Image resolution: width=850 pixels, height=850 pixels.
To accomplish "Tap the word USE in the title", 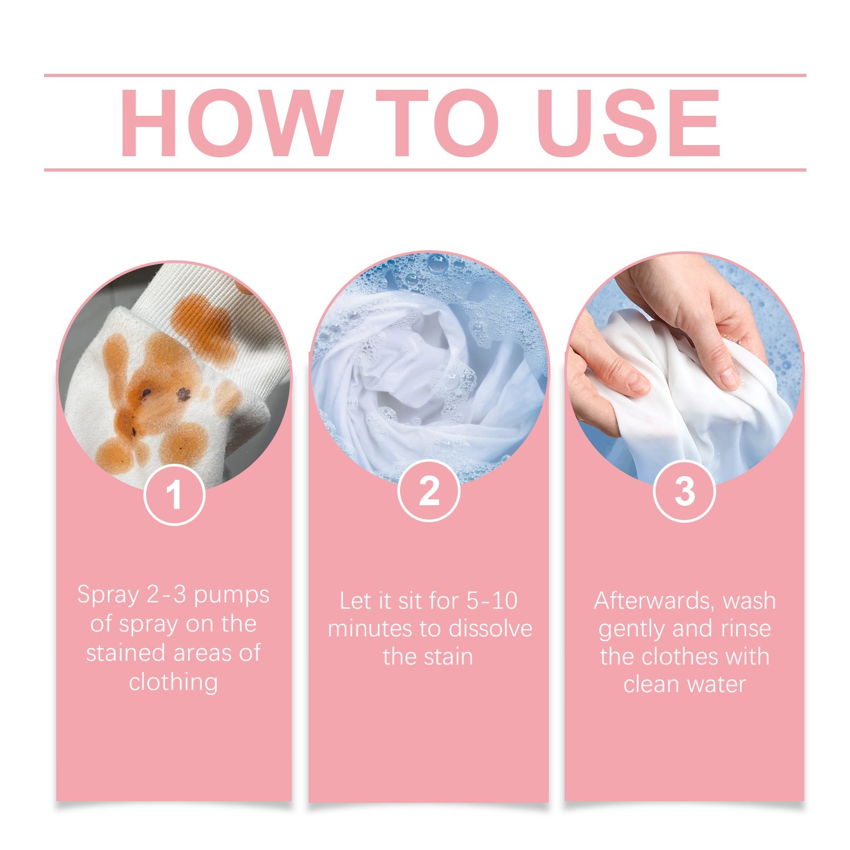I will coord(632,123).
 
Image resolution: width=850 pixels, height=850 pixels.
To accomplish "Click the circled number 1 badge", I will coord(174,494).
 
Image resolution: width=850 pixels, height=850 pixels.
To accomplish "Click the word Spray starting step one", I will coord(107,595).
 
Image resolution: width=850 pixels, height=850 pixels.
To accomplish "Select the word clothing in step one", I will coord(173,682).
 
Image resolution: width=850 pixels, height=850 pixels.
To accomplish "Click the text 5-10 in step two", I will coord(491,601).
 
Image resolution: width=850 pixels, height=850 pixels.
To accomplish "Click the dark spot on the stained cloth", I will coord(184,394).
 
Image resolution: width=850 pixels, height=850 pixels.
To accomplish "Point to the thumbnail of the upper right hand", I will coord(730,376).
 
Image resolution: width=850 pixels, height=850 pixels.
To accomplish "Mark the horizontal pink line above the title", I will coord(425,75).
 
